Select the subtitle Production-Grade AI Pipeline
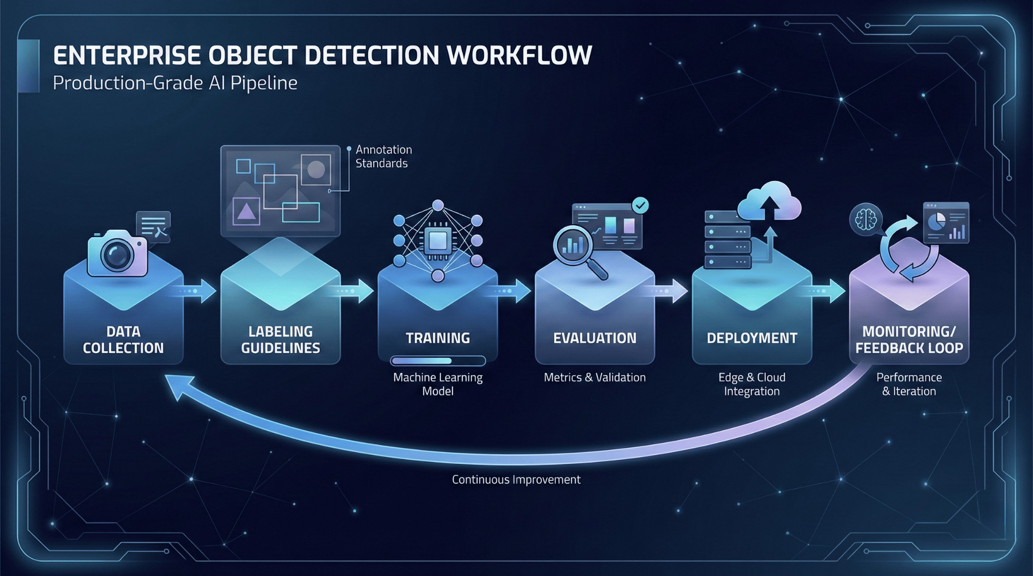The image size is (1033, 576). (175, 83)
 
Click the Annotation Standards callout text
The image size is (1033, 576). (383, 156)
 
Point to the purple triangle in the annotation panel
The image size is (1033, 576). (246, 211)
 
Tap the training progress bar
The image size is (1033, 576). (438, 361)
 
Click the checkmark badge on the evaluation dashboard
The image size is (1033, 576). (641, 205)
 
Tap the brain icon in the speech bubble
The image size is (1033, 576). (866, 220)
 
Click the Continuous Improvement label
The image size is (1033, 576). (516, 479)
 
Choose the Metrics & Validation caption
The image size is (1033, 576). (595, 377)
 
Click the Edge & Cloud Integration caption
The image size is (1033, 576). (752, 384)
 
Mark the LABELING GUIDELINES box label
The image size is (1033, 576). (280, 340)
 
